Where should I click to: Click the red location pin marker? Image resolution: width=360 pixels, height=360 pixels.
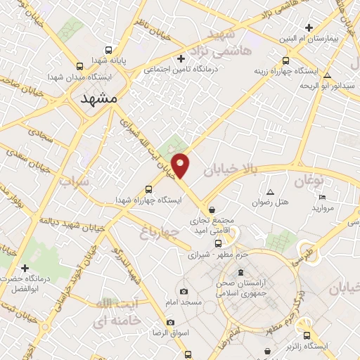pyautogui.click(x=181, y=165)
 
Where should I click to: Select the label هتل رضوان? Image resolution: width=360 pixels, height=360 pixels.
pyautogui.click(x=271, y=202)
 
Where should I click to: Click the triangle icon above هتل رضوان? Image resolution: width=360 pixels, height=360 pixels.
pyautogui.click(x=271, y=192)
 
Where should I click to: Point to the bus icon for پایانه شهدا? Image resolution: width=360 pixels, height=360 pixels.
pyautogui.click(x=108, y=51)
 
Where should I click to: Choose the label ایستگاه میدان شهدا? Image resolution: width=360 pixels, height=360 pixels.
pyautogui.click(x=75, y=75)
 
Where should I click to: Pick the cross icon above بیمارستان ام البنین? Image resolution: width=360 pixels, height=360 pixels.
pyautogui.click(x=308, y=28)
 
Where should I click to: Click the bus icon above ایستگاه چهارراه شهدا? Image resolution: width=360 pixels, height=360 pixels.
pyautogui.click(x=148, y=189)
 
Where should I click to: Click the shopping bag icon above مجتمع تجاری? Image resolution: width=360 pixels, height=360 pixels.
pyautogui.click(x=212, y=209)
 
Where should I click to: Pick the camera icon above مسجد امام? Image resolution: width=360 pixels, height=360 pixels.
pyautogui.click(x=184, y=291)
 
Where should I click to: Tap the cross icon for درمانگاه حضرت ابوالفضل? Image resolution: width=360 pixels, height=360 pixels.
pyautogui.click(x=25, y=268)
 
